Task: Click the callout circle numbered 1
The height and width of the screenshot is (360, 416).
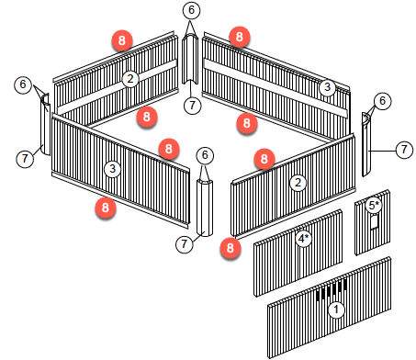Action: pos(336,309)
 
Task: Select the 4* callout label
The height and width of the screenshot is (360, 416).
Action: pos(303,238)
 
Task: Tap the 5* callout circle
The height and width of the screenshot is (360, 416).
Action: pos(374,205)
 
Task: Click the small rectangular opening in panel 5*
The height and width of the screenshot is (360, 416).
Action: pos(375,221)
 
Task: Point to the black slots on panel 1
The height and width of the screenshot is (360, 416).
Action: pos(332,289)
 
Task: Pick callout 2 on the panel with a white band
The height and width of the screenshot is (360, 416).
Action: pos(130,79)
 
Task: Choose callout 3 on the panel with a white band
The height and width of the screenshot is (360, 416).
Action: pos(327,87)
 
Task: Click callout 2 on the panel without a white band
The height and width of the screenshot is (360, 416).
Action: pos(298,183)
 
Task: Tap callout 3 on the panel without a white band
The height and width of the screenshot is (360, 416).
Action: pos(112,169)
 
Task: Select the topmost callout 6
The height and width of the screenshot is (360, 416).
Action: pos(191,10)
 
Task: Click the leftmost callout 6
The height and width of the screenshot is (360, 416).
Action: pos(23,84)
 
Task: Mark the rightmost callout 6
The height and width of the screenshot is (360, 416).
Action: pos(382,101)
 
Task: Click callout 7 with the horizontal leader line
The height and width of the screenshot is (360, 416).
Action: pos(404,150)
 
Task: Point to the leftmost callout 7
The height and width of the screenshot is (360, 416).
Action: pos(25,159)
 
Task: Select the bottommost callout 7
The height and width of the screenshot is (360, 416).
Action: pos(184,244)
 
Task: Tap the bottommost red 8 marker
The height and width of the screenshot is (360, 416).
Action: pos(230,248)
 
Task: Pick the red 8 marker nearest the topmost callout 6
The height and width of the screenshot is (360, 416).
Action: pos(240,37)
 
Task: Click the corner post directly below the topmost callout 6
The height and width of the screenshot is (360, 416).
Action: pos(190,59)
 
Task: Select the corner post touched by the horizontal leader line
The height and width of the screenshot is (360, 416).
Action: pos(366,144)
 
